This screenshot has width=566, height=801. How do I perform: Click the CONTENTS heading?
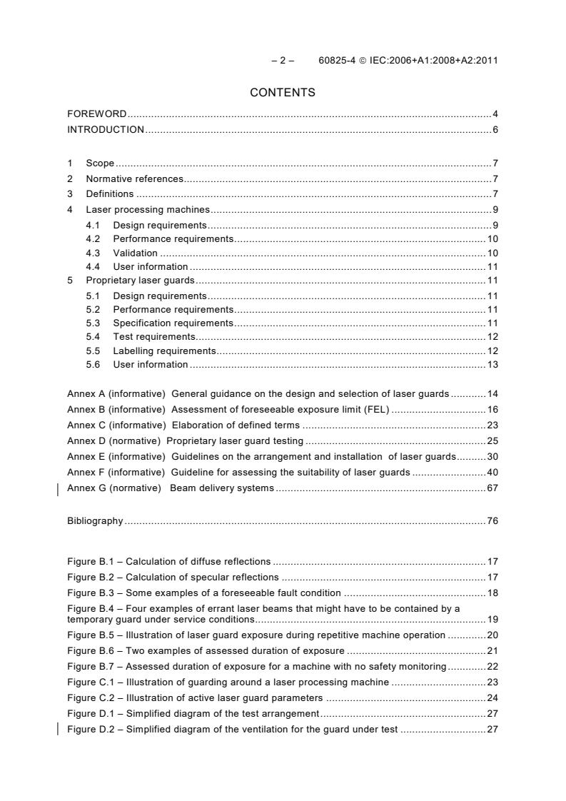[283, 93]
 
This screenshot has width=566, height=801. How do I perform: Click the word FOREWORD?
[97, 114]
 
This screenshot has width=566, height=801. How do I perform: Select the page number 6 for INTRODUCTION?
[495, 129]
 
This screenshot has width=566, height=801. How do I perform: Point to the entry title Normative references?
[134, 178]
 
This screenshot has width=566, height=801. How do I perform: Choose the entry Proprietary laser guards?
[140, 281]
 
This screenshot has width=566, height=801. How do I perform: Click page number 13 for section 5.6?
[492, 365]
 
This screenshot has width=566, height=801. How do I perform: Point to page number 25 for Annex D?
[492, 440]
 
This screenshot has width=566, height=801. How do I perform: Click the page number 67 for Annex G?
[492, 488]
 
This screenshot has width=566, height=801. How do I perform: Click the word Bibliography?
[95, 520]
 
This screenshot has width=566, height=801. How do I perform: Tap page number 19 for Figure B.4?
[492, 619]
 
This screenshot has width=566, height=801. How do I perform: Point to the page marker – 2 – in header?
[283, 60]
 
